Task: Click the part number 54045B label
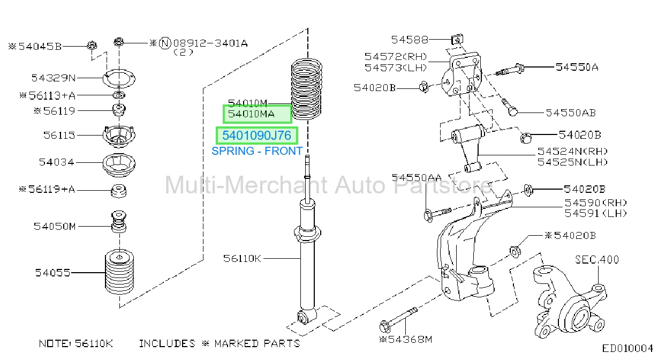pos(40,47)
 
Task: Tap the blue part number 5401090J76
pos(257,136)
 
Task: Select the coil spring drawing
pos(306,89)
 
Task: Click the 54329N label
pos(54,78)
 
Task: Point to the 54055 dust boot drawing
pos(119,272)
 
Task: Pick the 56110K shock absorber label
pos(242,259)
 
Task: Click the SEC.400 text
pos(597,259)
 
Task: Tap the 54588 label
pos(410,40)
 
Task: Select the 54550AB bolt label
pos(571,113)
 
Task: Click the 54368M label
pos(410,340)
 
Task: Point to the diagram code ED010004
pos(627,349)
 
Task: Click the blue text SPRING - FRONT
pos(257,151)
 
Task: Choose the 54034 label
pos(56,162)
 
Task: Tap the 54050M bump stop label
pos(55,227)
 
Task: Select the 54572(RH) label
pos(396,56)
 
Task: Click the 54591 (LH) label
pos(596,213)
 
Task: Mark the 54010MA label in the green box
pos(251,114)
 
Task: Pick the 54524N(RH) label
pos(572,152)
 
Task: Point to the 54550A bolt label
pos(577,67)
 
